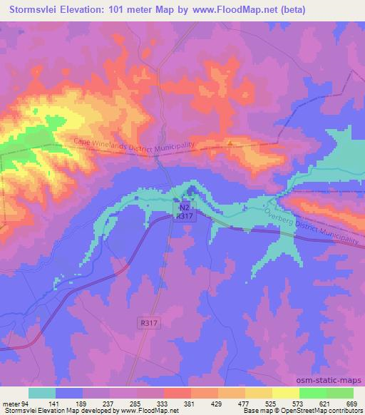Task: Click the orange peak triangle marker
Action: click(x=230, y=141)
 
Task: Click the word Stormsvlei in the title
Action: click(x=33, y=9)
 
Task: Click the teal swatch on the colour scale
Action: click(x=42, y=393)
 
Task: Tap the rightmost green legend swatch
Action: click(x=340, y=393)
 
